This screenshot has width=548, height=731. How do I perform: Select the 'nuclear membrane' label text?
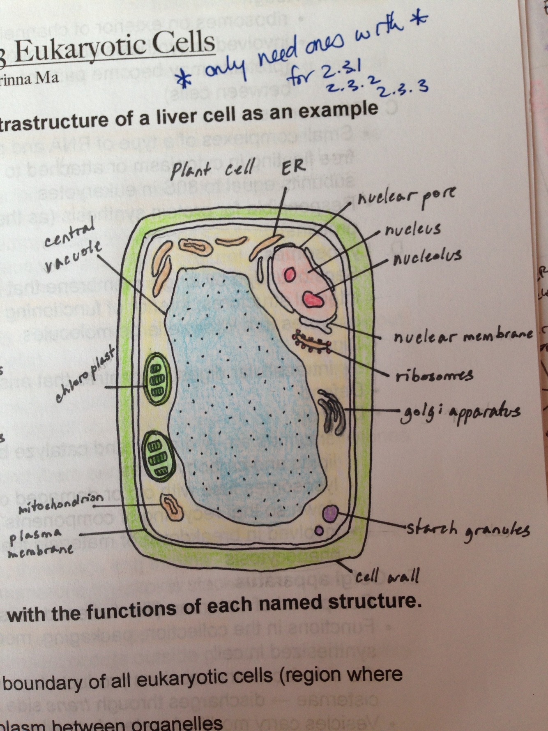(x=463, y=336)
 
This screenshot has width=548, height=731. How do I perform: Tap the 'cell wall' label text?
(x=387, y=576)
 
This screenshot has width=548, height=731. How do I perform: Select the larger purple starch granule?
(x=330, y=513)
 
